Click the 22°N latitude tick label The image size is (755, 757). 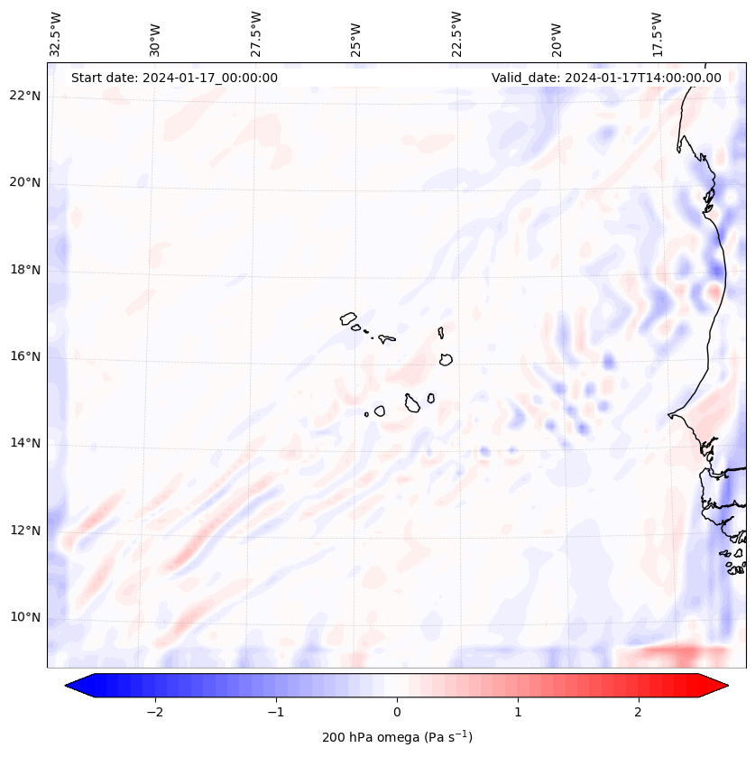(x=25, y=96)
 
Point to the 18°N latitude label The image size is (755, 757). (x=25, y=270)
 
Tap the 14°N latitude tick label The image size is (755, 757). (x=25, y=443)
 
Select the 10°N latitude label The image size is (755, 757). (x=25, y=617)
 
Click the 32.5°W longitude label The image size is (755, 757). (x=56, y=34)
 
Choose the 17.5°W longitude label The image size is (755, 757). (x=657, y=34)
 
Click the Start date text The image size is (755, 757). (x=174, y=78)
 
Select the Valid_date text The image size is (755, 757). (x=606, y=78)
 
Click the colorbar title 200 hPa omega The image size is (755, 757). (x=397, y=737)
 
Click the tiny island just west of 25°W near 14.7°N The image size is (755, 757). (x=366, y=414)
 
